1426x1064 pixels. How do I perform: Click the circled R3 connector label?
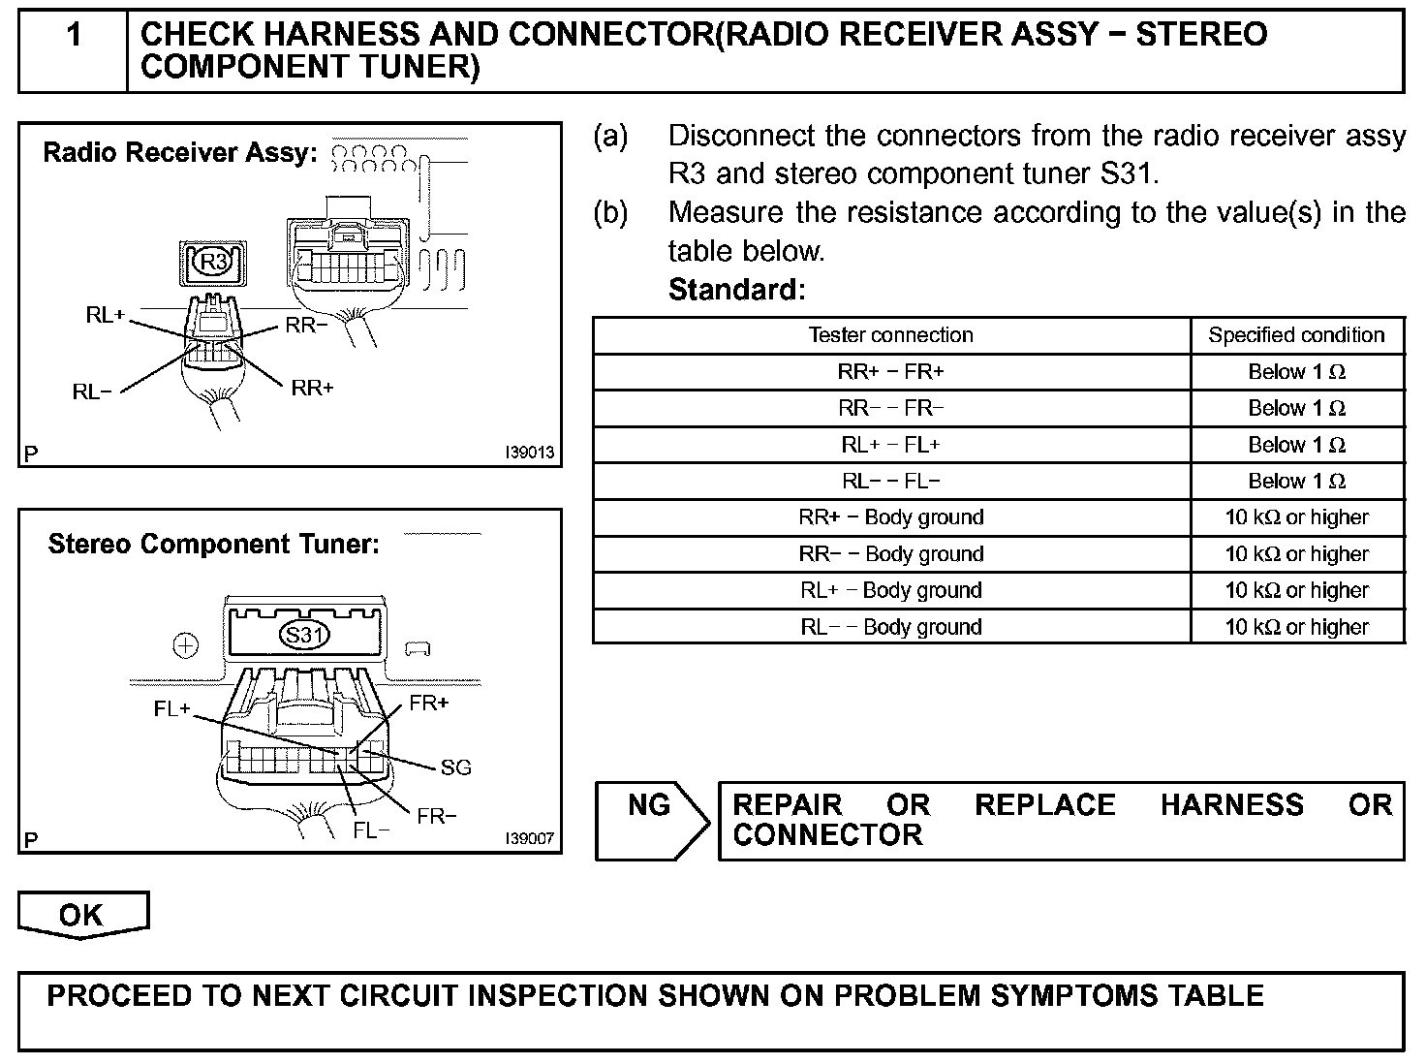(213, 262)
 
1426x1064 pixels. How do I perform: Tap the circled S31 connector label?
(303, 636)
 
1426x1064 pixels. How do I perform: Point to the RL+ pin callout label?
(105, 315)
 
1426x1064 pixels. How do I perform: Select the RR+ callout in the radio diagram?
(312, 388)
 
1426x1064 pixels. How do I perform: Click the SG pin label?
(455, 767)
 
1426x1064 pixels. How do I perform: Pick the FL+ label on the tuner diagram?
(172, 709)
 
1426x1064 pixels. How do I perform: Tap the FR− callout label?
(437, 817)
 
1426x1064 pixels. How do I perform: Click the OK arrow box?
(82, 916)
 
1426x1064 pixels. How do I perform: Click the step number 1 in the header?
(74, 37)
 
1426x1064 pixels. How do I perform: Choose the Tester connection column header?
(890, 335)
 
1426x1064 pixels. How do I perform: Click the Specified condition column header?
(1296, 335)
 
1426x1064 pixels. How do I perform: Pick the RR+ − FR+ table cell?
(890, 372)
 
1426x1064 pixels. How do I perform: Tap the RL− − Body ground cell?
(890, 627)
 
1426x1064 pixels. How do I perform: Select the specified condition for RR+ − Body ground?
(1296, 517)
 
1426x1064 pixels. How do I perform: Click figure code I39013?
(529, 453)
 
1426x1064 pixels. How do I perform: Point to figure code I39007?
(529, 838)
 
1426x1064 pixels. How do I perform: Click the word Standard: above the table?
(736, 290)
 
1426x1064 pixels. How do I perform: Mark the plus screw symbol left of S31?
(185, 645)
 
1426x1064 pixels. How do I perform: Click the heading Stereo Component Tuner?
(213, 544)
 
